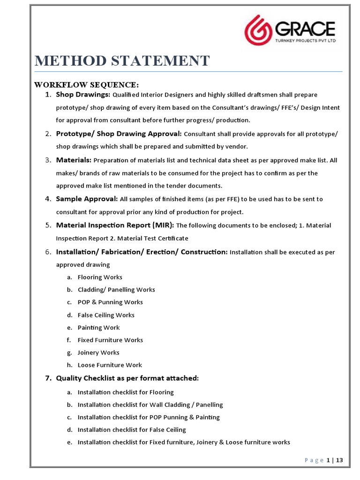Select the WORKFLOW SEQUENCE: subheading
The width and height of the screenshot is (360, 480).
(86, 85)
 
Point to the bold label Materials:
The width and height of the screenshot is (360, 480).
(74, 160)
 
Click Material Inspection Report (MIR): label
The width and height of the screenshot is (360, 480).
(115, 225)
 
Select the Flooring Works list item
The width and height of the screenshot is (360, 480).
(100, 277)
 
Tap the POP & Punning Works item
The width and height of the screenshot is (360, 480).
(110, 302)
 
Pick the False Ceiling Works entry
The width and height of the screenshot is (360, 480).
(106, 315)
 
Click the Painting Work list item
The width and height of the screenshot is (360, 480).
(98, 328)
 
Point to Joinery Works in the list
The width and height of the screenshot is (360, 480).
(98, 352)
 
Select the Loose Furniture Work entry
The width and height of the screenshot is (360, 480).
(110, 365)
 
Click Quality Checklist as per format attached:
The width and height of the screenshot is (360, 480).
(127, 378)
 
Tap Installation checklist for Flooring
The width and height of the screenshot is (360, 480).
(126, 392)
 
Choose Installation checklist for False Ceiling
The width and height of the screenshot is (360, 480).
(132, 430)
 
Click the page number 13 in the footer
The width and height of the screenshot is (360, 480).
(340, 460)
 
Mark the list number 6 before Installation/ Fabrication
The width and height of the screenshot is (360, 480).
(48, 252)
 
